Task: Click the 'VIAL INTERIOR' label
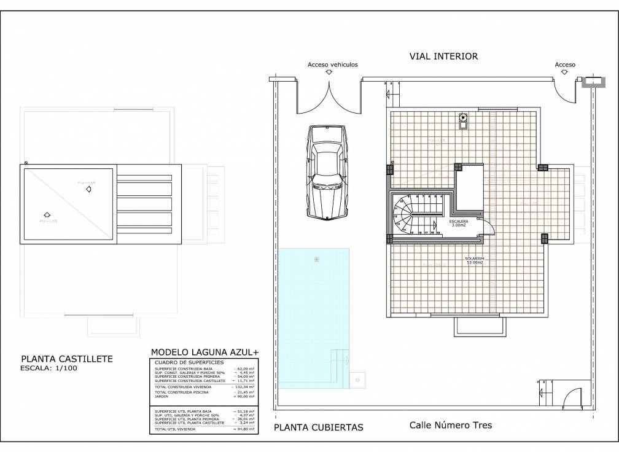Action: (x=443, y=56)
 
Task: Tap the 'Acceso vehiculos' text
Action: (x=332, y=64)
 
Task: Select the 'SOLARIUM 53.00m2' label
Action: (x=475, y=260)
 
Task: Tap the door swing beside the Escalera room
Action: (x=489, y=227)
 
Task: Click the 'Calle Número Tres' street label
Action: (x=451, y=425)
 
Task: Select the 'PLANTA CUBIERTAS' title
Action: (x=319, y=427)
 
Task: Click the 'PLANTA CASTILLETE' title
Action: (x=67, y=359)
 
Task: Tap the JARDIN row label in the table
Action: (x=163, y=396)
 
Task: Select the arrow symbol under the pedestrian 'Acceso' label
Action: (x=564, y=72)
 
